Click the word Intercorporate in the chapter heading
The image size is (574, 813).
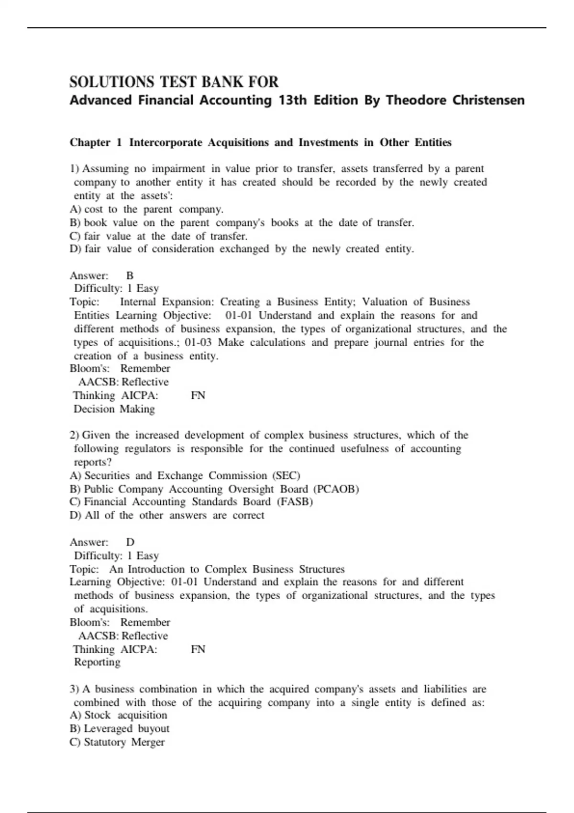[166, 143]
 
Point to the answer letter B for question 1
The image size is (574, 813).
[130, 275]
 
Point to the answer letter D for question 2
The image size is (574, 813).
[130, 542]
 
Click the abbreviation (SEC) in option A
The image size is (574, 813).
[286, 476]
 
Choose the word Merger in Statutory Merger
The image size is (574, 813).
[148, 742]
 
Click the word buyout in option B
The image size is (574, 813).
[154, 729]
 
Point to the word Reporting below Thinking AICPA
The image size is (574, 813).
[97, 662]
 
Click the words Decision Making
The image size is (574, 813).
[114, 409]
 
